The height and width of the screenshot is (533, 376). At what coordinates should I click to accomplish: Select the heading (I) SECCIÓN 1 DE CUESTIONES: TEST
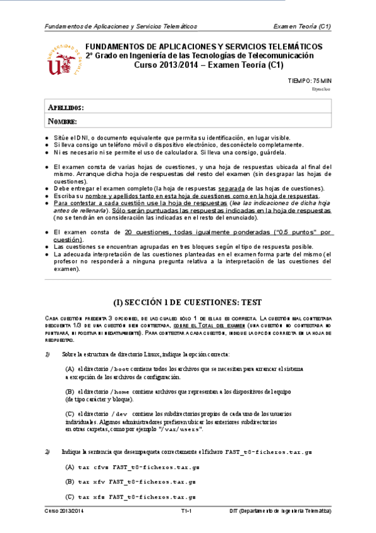click(x=188, y=301)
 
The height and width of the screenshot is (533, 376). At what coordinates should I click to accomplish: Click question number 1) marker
click(x=47, y=354)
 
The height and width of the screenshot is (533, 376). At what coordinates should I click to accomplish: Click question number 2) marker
click(x=47, y=451)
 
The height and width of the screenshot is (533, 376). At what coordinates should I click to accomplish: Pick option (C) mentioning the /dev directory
click(x=70, y=414)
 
